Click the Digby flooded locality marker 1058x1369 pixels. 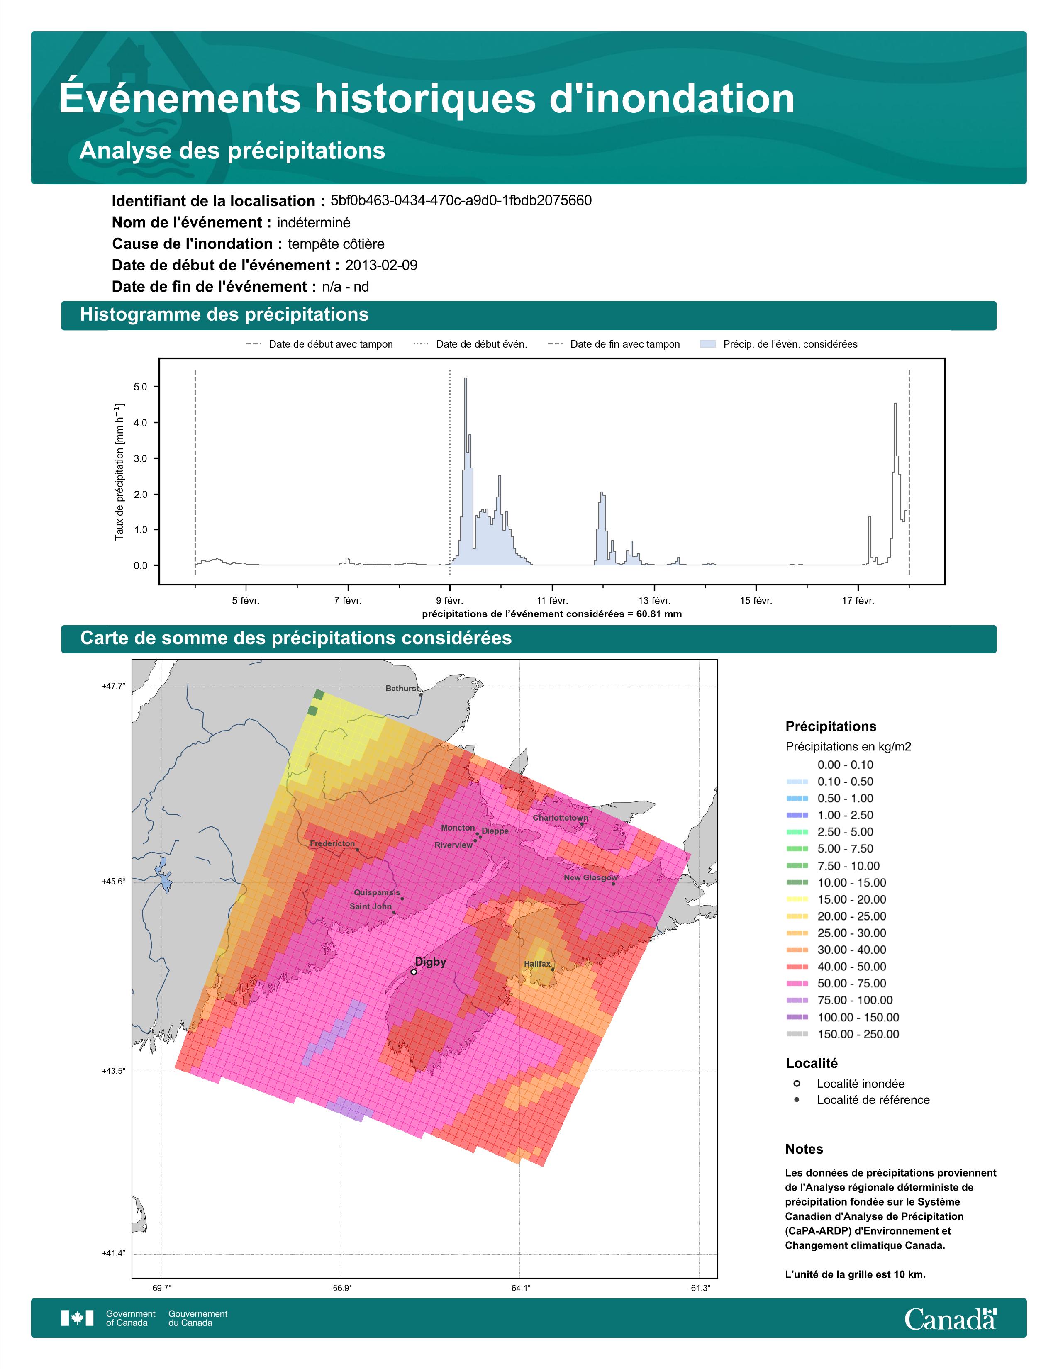[x=414, y=972]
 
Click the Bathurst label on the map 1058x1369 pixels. [x=402, y=688]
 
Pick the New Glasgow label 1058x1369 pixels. [x=590, y=877]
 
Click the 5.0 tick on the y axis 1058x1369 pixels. [x=140, y=387]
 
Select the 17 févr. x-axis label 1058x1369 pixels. [x=858, y=601]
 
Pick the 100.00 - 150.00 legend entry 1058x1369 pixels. [x=858, y=1017]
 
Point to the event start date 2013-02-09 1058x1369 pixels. [x=381, y=265]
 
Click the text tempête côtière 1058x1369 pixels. [x=336, y=244]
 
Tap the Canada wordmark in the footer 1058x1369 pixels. [x=950, y=1319]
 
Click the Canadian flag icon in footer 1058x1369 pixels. [x=77, y=1318]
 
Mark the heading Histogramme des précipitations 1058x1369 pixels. [x=224, y=315]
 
